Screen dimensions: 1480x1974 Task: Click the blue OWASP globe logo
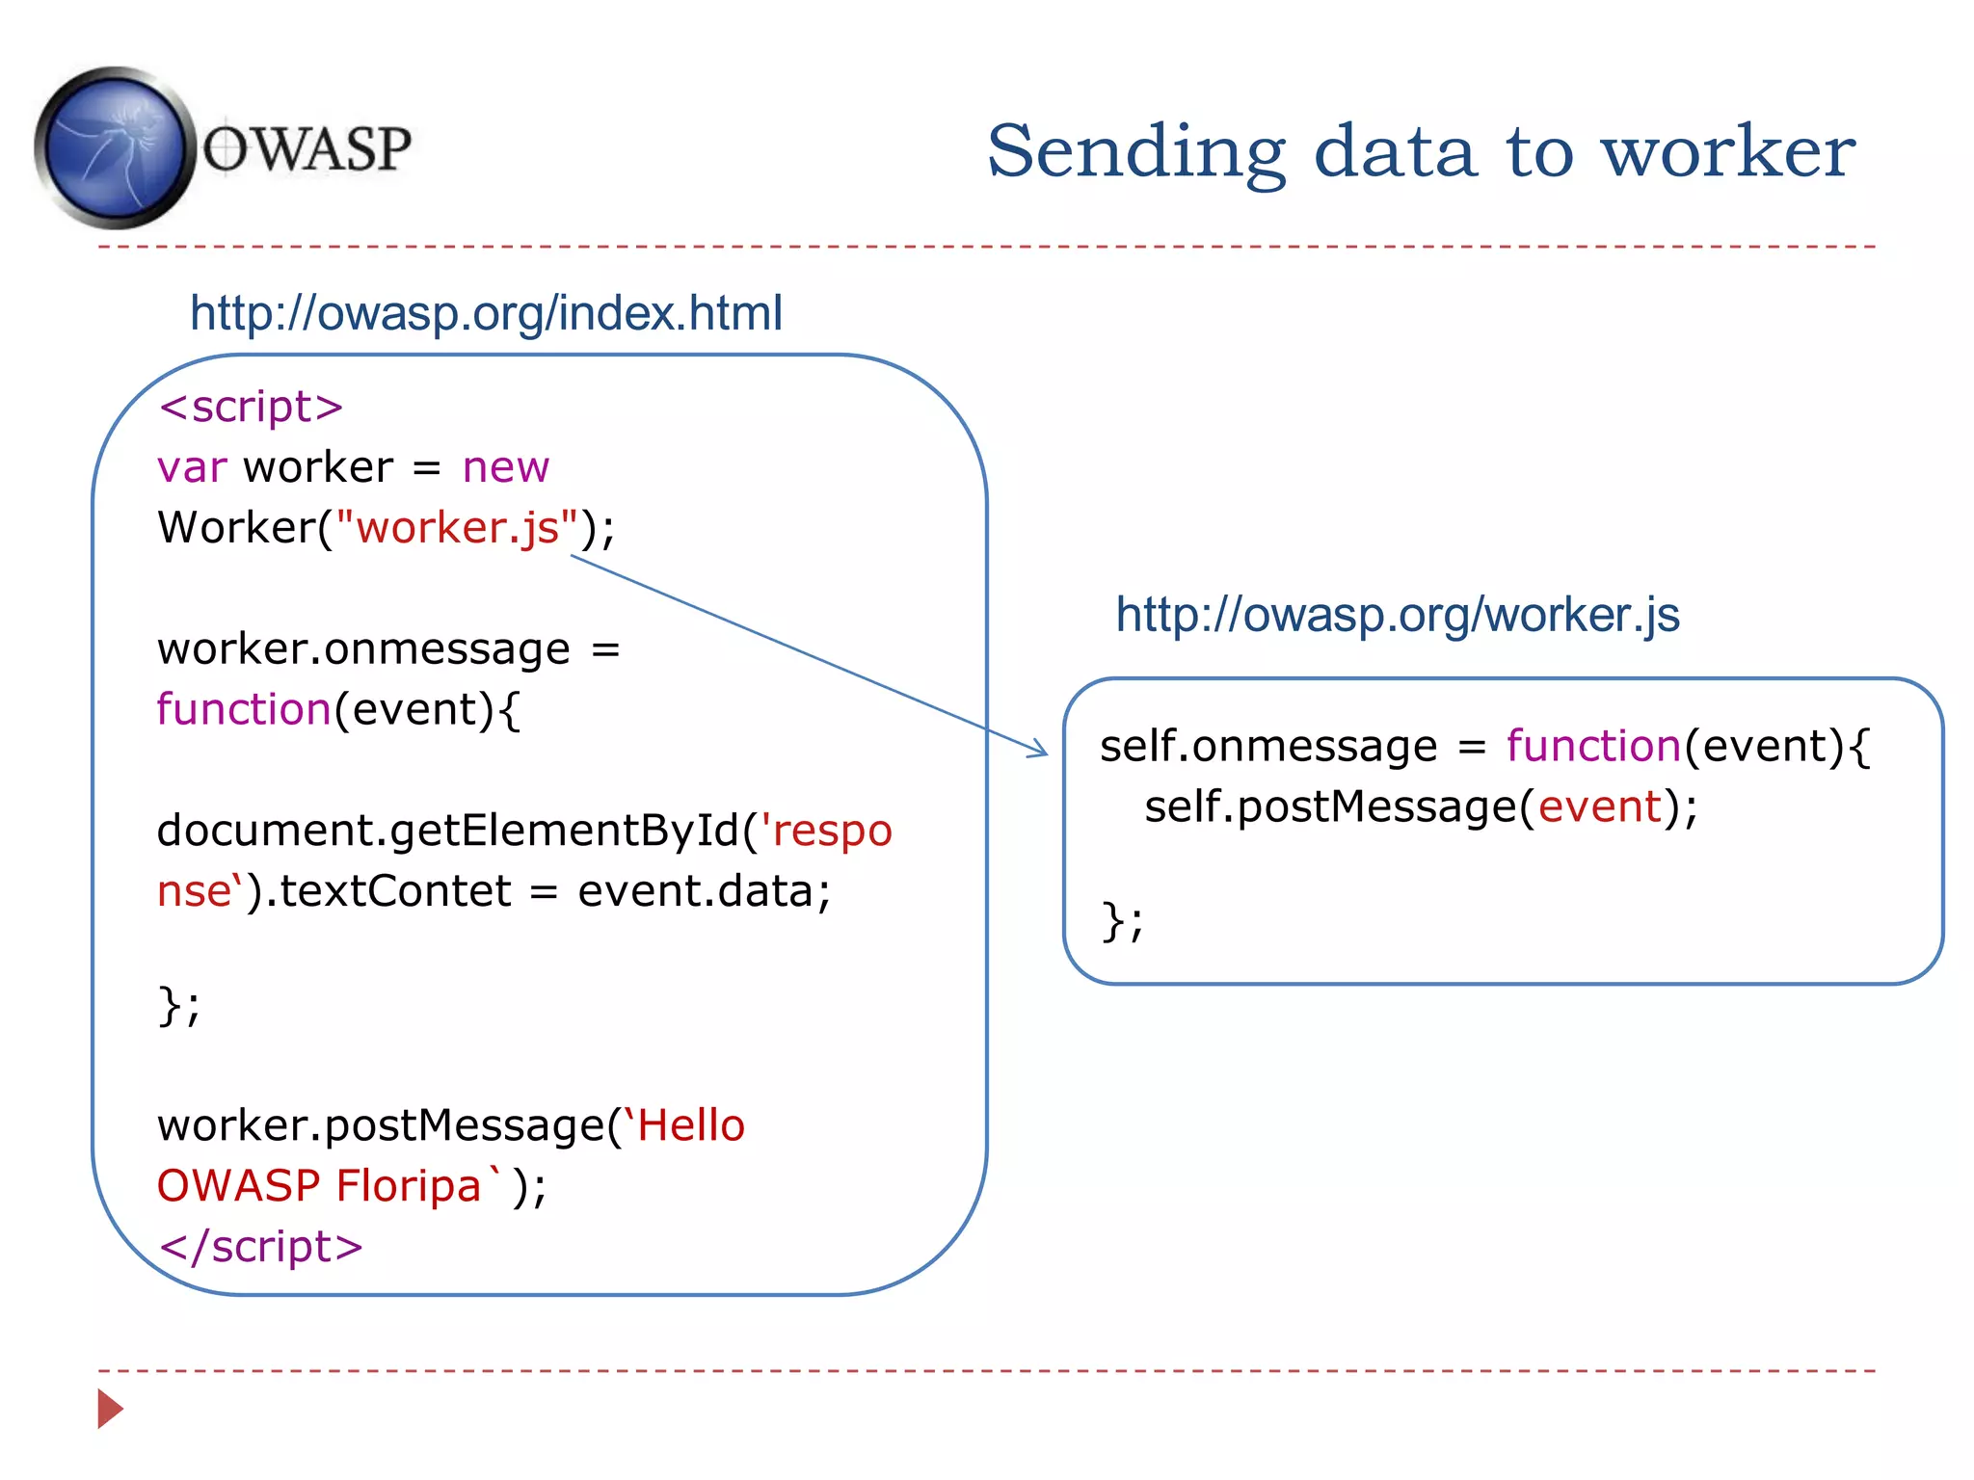click(114, 147)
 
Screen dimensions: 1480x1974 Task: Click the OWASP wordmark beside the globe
click(307, 149)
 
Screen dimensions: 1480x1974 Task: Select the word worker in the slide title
click(1727, 151)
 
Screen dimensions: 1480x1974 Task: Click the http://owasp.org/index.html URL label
click(486, 313)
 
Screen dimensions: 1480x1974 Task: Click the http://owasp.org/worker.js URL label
click(1397, 615)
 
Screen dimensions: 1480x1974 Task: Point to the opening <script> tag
click(251, 407)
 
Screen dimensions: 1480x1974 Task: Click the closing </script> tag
click(260, 1246)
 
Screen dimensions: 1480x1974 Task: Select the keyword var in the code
click(192, 467)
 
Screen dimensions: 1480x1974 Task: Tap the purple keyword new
click(505, 467)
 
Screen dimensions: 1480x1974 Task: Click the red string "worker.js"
click(457, 527)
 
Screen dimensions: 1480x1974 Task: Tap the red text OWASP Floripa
click(319, 1186)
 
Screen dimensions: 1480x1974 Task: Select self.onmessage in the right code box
click(1268, 746)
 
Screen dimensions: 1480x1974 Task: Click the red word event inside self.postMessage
click(1600, 806)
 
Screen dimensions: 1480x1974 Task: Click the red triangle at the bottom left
click(110, 1409)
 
